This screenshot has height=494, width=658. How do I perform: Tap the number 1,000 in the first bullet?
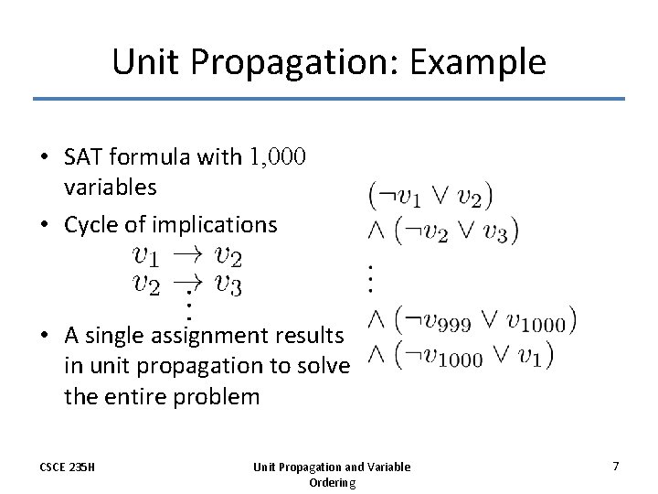pos(278,157)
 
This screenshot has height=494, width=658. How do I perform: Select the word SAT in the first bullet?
pos(82,157)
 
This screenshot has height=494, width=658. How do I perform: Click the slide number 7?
pos(615,467)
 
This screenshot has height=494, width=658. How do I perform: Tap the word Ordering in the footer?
pos(332,482)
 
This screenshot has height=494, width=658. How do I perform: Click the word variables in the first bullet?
pos(110,188)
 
